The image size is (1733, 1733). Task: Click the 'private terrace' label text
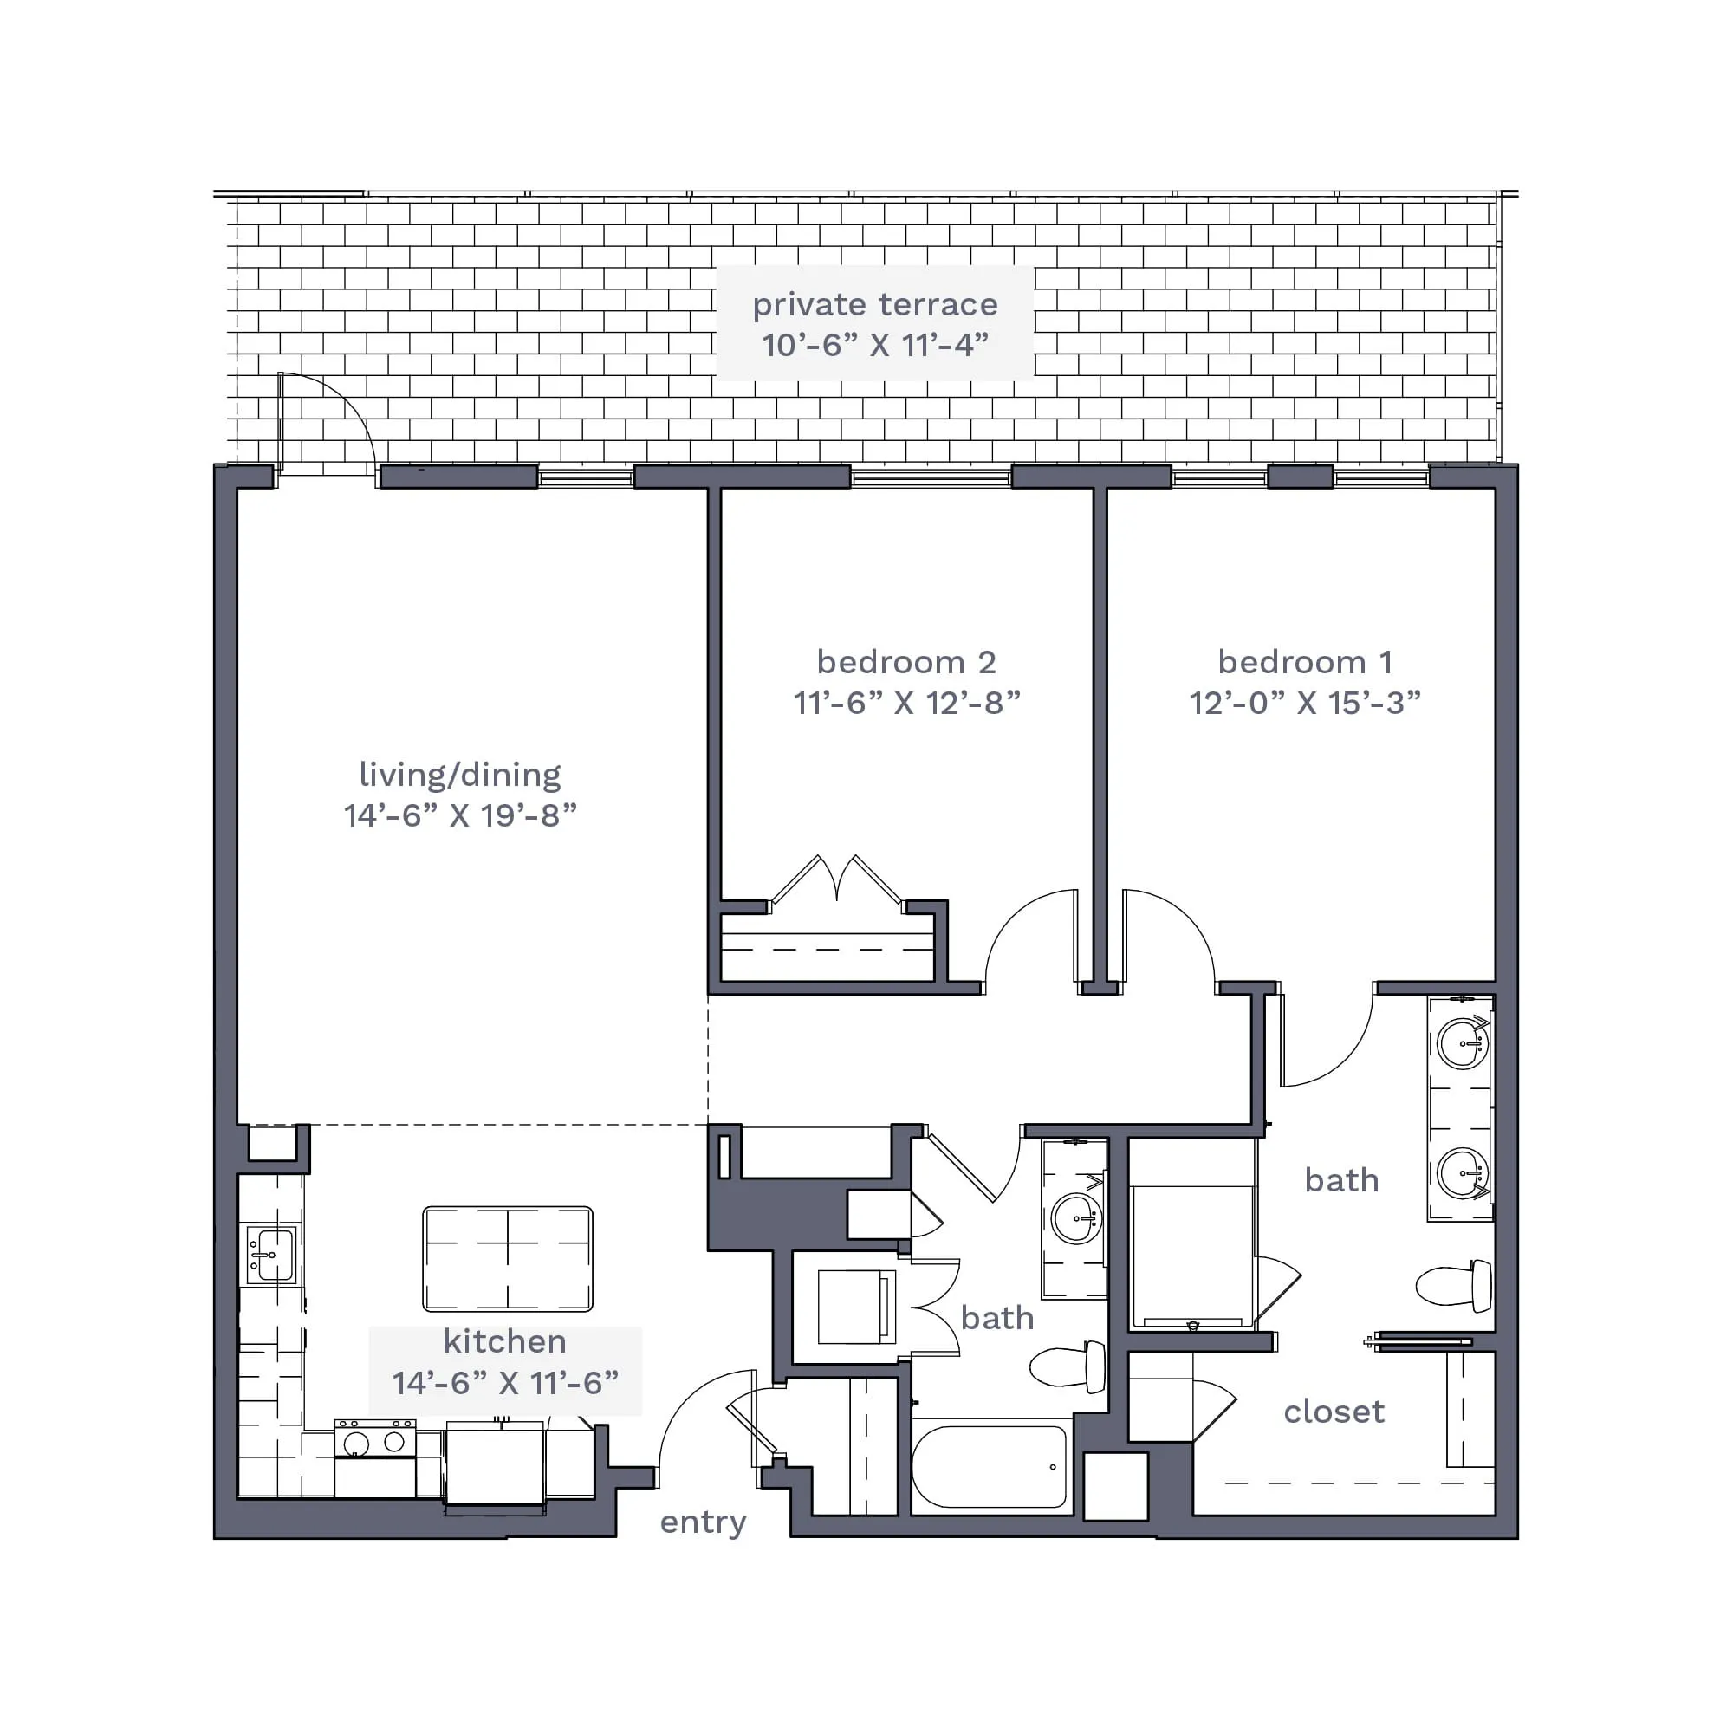[874, 305]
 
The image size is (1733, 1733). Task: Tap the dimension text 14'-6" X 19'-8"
[460, 815]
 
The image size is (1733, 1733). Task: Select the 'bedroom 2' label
[906, 662]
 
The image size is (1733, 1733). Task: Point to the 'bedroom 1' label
[1305, 662]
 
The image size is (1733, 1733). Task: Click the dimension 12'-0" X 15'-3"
[1305, 703]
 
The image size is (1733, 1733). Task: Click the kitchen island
[508, 1259]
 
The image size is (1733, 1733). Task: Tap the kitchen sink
[272, 1255]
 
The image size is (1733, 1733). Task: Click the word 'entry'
[704, 1522]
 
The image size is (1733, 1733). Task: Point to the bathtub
[990, 1468]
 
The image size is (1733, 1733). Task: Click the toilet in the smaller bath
[1068, 1367]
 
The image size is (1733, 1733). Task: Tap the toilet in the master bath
[1454, 1285]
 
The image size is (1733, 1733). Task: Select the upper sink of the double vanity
[1463, 1043]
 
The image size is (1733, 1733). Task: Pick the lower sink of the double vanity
[1463, 1172]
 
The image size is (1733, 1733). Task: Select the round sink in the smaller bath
[1076, 1218]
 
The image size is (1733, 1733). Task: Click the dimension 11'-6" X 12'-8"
[907, 703]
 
